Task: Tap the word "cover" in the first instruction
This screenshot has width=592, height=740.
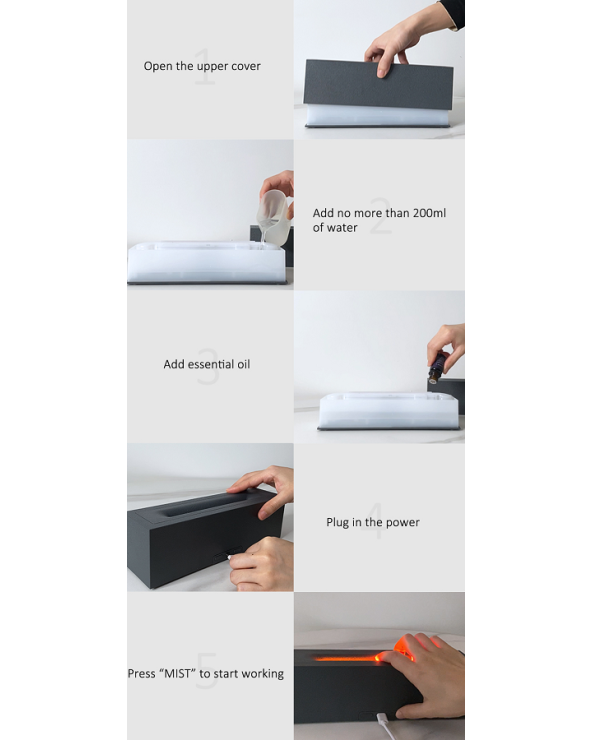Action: coord(245,66)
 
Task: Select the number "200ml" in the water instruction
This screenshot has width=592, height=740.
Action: coord(429,213)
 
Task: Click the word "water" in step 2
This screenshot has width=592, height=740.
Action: coord(342,227)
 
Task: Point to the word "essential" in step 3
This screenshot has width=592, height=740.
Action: coord(211,364)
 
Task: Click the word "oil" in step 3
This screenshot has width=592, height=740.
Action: coord(244,364)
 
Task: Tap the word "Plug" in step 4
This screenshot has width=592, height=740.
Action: coord(337,522)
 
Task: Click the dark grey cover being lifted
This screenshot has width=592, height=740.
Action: coord(378,84)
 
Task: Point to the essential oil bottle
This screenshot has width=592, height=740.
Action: coord(437,367)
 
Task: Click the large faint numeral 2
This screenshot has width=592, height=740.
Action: coord(381,217)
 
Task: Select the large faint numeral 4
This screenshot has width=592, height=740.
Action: coord(373,521)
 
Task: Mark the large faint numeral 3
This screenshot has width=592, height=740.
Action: coord(208,366)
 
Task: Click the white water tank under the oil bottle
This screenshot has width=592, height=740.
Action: coord(389,410)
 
